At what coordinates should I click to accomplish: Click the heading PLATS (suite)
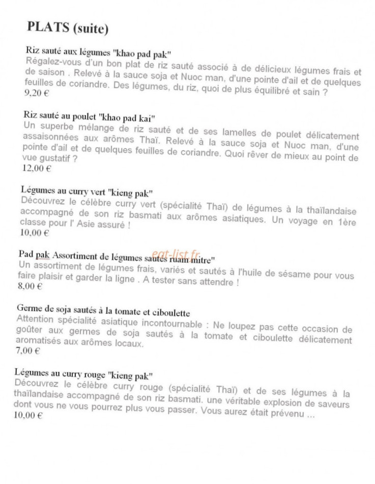(68, 29)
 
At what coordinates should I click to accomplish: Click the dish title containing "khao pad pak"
(98, 53)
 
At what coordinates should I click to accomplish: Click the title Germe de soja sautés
(103, 309)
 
